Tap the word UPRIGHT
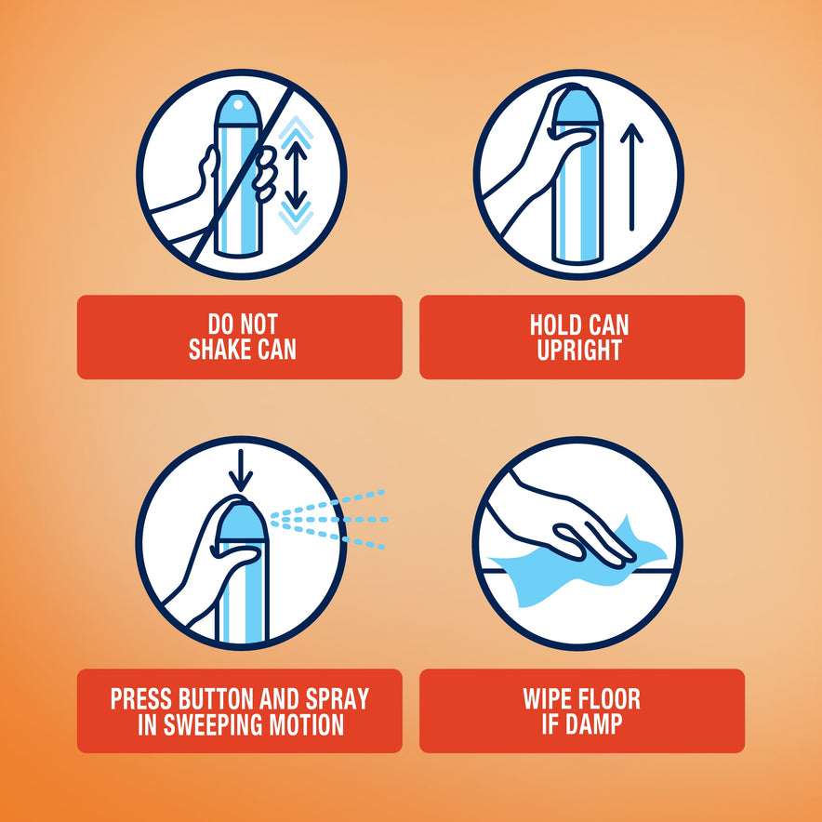click(x=579, y=351)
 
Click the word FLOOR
click(x=611, y=699)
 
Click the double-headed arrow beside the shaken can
click(x=297, y=176)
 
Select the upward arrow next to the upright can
click(x=631, y=178)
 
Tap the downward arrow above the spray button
click(x=241, y=471)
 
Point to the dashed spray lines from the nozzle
click(x=329, y=520)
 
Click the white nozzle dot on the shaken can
click(x=239, y=105)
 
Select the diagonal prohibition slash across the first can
click(x=241, y=176)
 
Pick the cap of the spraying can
click(x=241, y=522)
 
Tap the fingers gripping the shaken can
click(x=266, y=173)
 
